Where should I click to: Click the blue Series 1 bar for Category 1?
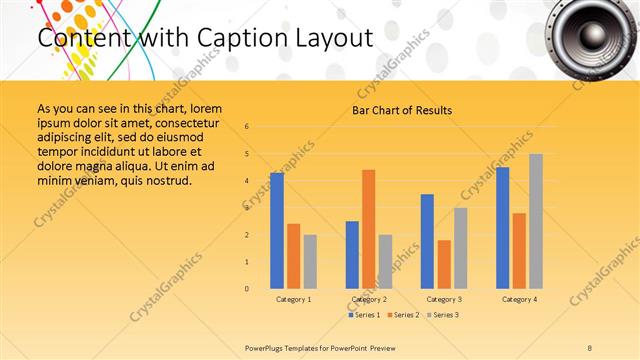point(277,231)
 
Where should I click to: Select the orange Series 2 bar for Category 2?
point(369,229)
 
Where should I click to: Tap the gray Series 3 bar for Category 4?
point(536,221)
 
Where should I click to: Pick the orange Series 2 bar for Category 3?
point(444,264)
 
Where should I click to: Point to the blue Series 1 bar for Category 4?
point(502,228)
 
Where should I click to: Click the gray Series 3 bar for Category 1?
point(310,262)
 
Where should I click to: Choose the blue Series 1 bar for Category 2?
point(352,255)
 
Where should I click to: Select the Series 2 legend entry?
point(403,315)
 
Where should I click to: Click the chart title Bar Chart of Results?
point(402,110)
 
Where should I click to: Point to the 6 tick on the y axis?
point(246,127)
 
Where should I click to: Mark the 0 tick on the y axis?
point(246,289)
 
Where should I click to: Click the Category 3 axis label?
point(444,299)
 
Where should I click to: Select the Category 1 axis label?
point(293,299)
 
